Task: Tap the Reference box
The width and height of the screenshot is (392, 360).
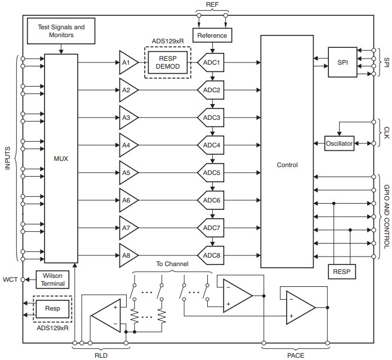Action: click(x=212, y=35)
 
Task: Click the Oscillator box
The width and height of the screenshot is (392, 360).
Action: click(x=339, y=144)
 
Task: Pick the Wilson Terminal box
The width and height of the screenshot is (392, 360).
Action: click(x=52, y=280)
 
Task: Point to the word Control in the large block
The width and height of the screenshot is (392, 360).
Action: click(x=287, y=165)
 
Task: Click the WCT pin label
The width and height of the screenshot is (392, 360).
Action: click(x=10, y=280)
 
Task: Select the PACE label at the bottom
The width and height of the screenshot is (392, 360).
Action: click(x=296, y=354)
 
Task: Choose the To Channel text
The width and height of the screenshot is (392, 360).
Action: click(x=172, y=263)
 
